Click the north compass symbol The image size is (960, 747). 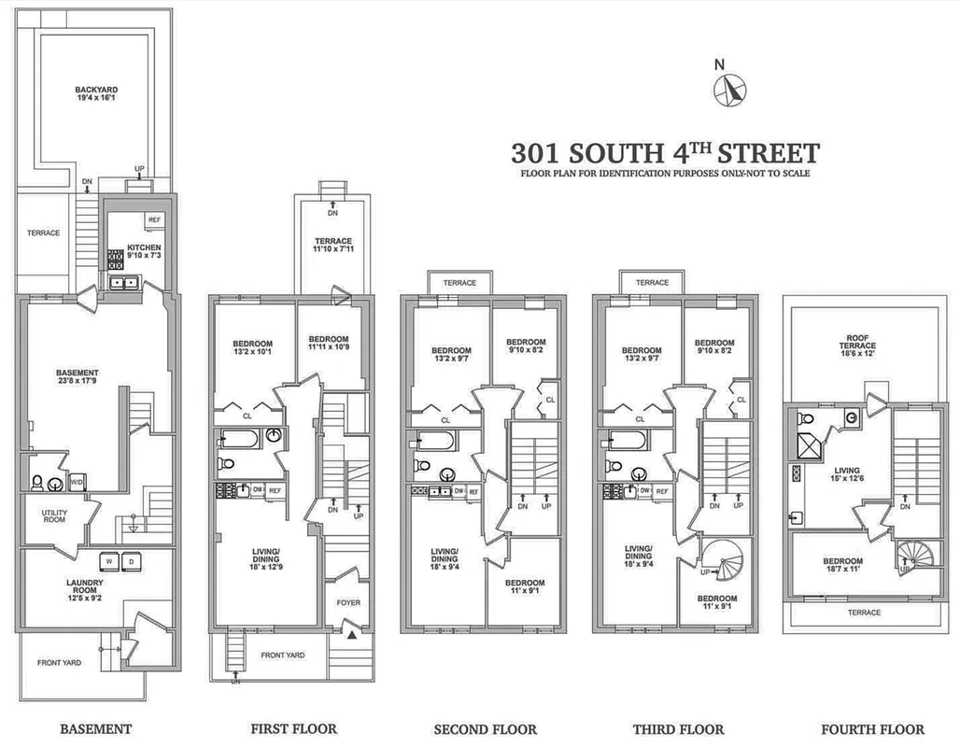coord(730,90)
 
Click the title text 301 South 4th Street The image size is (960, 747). coord(665,152)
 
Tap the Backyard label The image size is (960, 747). coord(97,91)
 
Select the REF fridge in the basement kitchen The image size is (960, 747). coord(154,219)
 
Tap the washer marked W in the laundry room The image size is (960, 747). coord(110,562)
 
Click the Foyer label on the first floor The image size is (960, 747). coord(347,603)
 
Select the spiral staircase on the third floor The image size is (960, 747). coord(725,563)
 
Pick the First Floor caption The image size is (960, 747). coord(293,728)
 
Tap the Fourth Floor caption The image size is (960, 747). coord(872,728)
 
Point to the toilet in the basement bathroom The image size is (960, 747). coord(37,482)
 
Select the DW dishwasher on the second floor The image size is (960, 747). coord(459,490)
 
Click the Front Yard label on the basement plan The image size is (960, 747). coord(59,662)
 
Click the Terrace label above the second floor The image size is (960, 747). coord(459,283)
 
